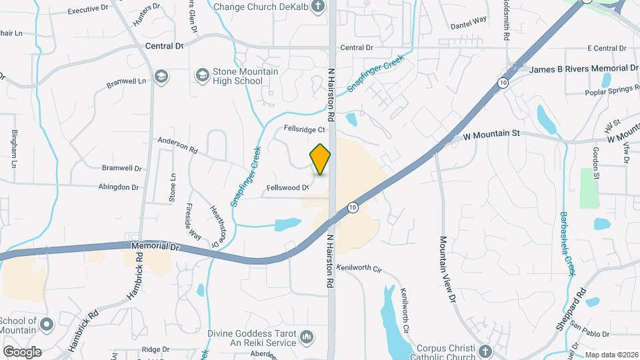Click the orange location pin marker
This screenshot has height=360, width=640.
pos(321,159)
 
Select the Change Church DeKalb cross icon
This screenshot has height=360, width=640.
pos(318,7)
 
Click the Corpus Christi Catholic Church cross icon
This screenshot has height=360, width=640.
pos(485,351)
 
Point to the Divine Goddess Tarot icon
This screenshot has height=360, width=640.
pos(306,337)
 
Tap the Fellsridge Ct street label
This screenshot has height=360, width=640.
pos(304,129)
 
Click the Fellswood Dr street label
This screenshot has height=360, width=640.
pos(288,188)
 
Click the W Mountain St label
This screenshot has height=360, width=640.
pos(491,134)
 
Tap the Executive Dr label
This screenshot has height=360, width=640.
pos(88,10)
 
